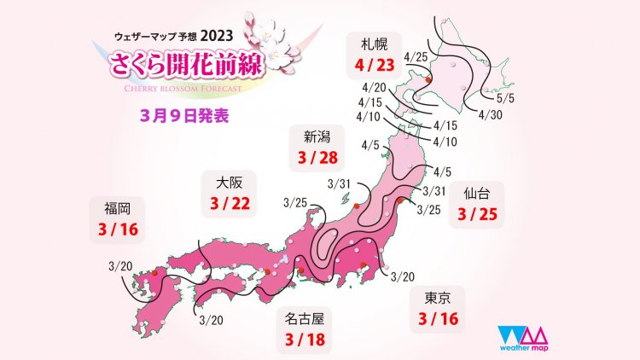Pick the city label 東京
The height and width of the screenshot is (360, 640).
coord(430,298)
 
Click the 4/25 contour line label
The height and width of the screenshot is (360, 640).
coord(416,57)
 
